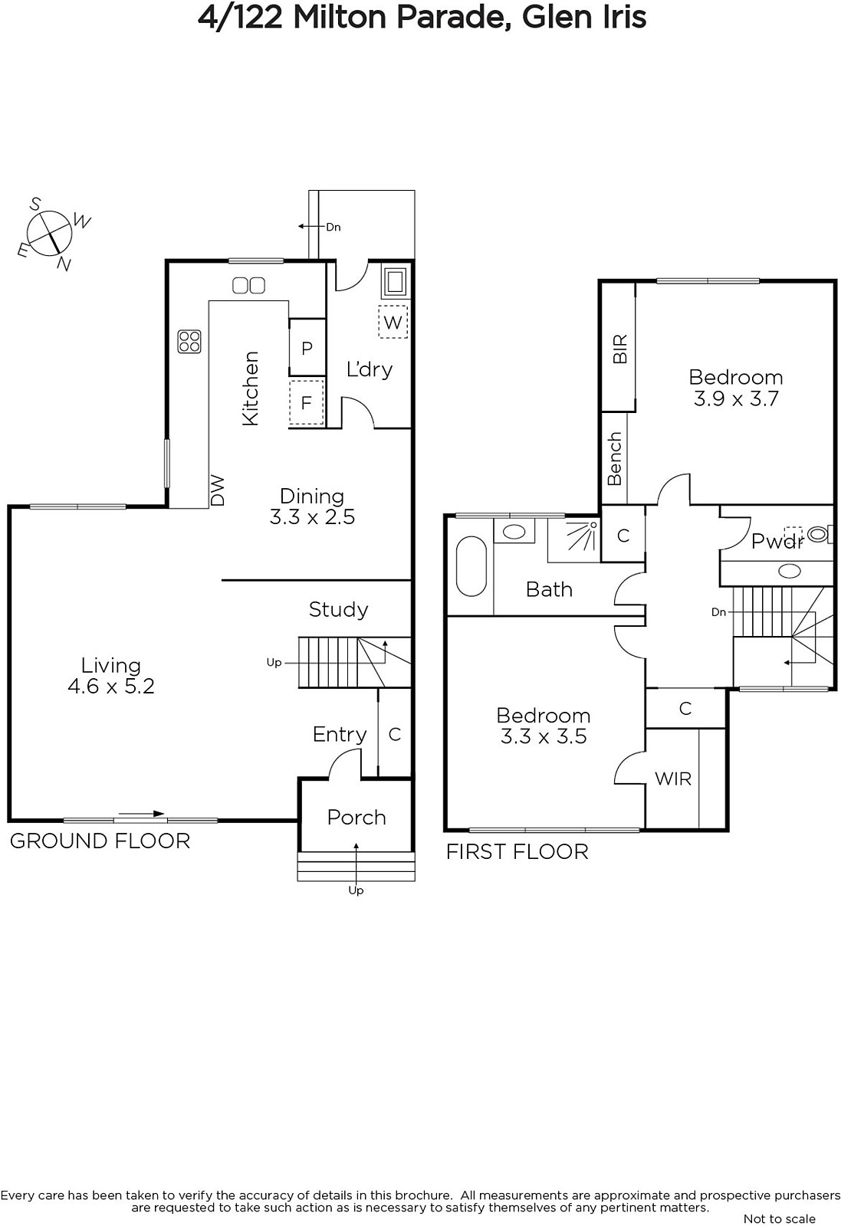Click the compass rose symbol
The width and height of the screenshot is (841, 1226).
[x=51, y=233]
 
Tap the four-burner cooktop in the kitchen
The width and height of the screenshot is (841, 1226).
[x=189, y=341]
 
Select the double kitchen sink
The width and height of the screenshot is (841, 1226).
[x=248, y=285]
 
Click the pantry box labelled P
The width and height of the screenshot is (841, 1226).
[x=307, y=348]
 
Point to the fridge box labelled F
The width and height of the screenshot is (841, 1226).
[x=307, y=403]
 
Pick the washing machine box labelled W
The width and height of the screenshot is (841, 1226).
[x=393, y=322]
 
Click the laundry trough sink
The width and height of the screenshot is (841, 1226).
[x=394, y=282]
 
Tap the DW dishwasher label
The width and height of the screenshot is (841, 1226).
[x=218, y=490]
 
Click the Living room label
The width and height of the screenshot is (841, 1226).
[x=111, y=665]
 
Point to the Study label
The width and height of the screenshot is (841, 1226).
[x=338, y=609]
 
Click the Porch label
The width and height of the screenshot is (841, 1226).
[x=356, y=817]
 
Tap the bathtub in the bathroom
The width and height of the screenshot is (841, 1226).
[x=471, y=566]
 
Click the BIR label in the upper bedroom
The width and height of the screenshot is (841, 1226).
[x=619, y=349]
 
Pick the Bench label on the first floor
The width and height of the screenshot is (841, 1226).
[x=615, y=459]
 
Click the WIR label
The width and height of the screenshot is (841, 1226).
[x=673, y=779]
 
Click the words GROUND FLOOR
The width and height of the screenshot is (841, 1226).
[x=100, y=841]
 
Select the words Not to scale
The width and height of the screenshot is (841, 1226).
[x=780, y=1218]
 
